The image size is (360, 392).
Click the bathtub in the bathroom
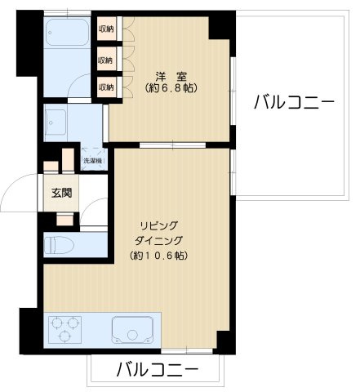67,35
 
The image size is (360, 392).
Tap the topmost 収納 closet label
107,29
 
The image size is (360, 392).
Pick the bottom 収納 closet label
107,87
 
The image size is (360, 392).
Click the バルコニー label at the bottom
156,368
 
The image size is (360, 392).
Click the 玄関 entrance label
62,194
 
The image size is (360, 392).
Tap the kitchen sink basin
132,332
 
